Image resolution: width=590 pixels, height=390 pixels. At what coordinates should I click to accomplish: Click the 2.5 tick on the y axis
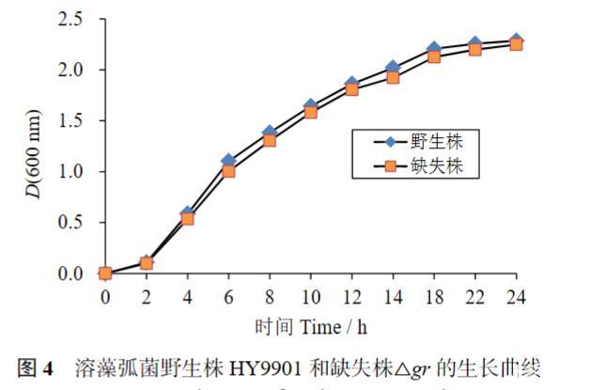pos(70,19)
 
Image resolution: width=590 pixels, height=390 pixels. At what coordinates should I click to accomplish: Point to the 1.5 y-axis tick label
pos(70,121)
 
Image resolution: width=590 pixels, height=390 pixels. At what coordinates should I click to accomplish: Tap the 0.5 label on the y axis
pos(70,223)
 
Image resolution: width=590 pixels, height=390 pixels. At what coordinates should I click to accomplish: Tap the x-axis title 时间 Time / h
pos(311,328)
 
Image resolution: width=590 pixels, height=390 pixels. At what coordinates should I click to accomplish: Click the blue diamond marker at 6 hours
pos(228,161)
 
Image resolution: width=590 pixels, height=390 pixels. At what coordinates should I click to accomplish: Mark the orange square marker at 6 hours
pos(228,171)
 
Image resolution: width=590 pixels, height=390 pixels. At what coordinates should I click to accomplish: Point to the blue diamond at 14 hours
pos(393,67)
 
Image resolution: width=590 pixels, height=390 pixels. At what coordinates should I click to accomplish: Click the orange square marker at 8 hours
pos(270,140)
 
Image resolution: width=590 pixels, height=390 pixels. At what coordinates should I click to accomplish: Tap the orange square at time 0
pos(105,273)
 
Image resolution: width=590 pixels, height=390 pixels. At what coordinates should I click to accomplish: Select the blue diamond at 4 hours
pos(187,213)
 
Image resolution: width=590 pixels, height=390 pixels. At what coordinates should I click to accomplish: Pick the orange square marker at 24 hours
pos(516,43)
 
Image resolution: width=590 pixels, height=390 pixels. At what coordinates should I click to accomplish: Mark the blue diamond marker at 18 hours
pos(433,48)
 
